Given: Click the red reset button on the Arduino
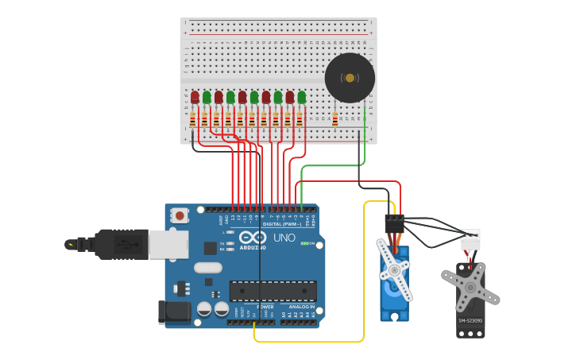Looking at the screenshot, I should (x=180, y=215).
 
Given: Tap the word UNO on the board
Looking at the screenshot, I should (x=284, y=238).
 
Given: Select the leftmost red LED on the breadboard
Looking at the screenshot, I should (x=195, y=97).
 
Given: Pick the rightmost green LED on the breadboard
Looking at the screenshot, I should (x=302, y=97).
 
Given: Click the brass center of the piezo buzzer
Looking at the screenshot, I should (x=350, y=78).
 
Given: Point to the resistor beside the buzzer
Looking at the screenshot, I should (x=334, y=119).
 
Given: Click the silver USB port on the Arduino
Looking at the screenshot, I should (x=168, y=245).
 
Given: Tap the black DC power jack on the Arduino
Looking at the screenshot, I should (x=174, y=312).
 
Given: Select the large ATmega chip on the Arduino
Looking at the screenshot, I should (x=273, y=291).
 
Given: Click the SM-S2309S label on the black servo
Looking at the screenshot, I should (x=470, y=321).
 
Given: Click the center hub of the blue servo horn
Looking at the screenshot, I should (x=394, y=271).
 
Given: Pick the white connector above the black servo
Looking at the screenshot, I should (x=470, y=239).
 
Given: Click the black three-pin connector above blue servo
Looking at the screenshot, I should (x=394, y=223).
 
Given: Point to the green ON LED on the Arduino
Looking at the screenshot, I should (x=305, y=243).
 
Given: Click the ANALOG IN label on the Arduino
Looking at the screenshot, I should (x=301, y=307).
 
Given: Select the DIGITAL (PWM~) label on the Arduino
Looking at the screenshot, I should (x=283, y=224).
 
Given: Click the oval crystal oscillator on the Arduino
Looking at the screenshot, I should (x=207, y=268).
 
